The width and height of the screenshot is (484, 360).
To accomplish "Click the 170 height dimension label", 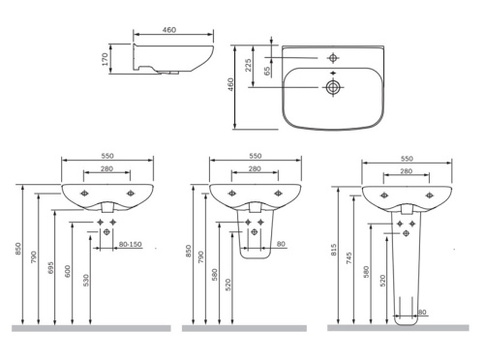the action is coord(105,59).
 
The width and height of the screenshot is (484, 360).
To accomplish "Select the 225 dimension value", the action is coord(248,65).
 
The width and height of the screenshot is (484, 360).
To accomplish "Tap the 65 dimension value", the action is coord(267,71).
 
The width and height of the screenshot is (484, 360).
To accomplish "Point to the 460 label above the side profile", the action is coord(169,30).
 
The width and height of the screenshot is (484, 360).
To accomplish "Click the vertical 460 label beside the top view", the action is coord(230,84).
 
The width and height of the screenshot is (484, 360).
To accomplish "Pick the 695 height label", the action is coord(50,268).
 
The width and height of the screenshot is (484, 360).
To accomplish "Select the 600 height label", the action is coord(68,272).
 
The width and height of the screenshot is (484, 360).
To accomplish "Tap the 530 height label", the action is coord(85,281).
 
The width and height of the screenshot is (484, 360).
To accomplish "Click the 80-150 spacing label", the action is coord(131,244).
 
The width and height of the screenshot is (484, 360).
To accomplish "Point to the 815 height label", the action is coord(334,250).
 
